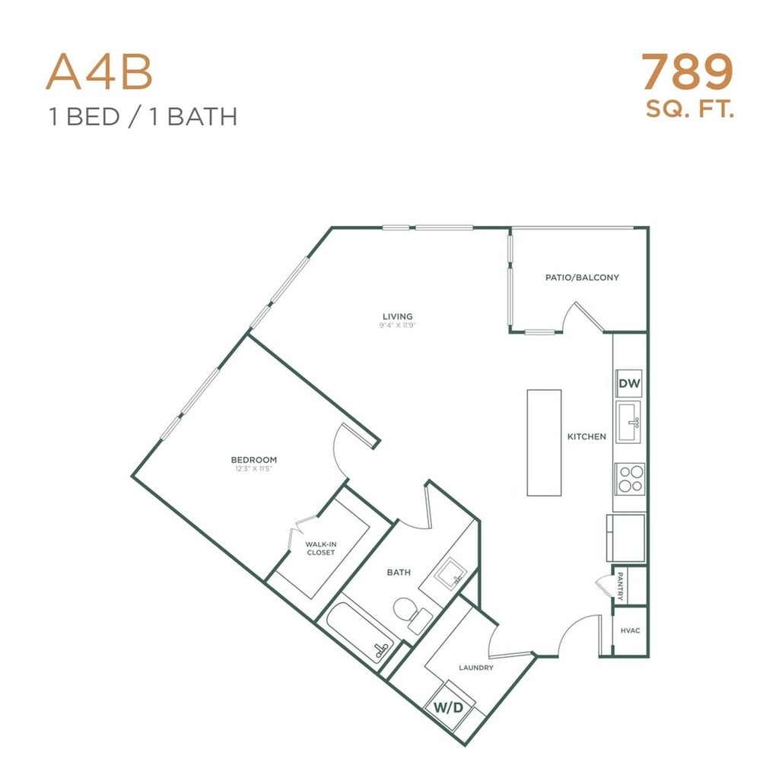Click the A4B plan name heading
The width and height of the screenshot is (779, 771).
100,72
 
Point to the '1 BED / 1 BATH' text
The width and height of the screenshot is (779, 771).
142,117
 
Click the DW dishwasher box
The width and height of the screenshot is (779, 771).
629,384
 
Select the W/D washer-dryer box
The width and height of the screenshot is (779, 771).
449,708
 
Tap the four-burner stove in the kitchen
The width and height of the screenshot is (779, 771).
629,479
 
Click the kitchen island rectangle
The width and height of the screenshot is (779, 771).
545,443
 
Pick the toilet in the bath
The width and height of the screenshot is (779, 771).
407,611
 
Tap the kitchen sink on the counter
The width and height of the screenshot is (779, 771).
628,422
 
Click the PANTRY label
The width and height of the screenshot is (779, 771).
621,586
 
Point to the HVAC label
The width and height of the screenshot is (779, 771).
630,630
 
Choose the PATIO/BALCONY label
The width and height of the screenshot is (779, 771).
582,278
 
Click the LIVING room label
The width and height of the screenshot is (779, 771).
397,316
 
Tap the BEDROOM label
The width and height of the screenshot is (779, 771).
254,459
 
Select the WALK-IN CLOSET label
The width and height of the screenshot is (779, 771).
320,548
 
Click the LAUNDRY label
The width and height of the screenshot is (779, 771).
476,668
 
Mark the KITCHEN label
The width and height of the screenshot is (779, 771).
587,436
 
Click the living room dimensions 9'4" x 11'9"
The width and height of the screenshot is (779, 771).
397,325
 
